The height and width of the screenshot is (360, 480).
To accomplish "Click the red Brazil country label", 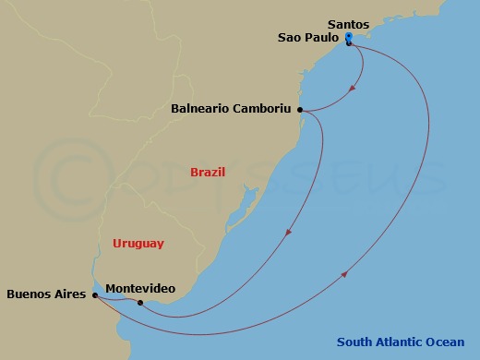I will point(208,172).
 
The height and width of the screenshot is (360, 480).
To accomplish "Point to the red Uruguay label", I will point(138,244).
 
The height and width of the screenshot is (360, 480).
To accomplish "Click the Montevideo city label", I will point(140,289).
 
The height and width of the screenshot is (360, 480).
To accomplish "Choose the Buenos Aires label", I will point(46,295).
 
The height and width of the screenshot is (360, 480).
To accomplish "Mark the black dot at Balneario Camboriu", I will point(301,110).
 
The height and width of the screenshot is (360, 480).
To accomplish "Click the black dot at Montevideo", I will point(140,302).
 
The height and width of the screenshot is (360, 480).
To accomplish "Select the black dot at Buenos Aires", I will point(95,295).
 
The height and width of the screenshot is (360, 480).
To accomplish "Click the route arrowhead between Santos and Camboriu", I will point(354,90).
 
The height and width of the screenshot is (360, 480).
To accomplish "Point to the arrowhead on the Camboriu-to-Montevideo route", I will point(289,233).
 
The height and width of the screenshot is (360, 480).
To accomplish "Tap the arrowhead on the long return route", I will point(345,273).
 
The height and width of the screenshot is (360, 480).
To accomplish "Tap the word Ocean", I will point(445,342).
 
